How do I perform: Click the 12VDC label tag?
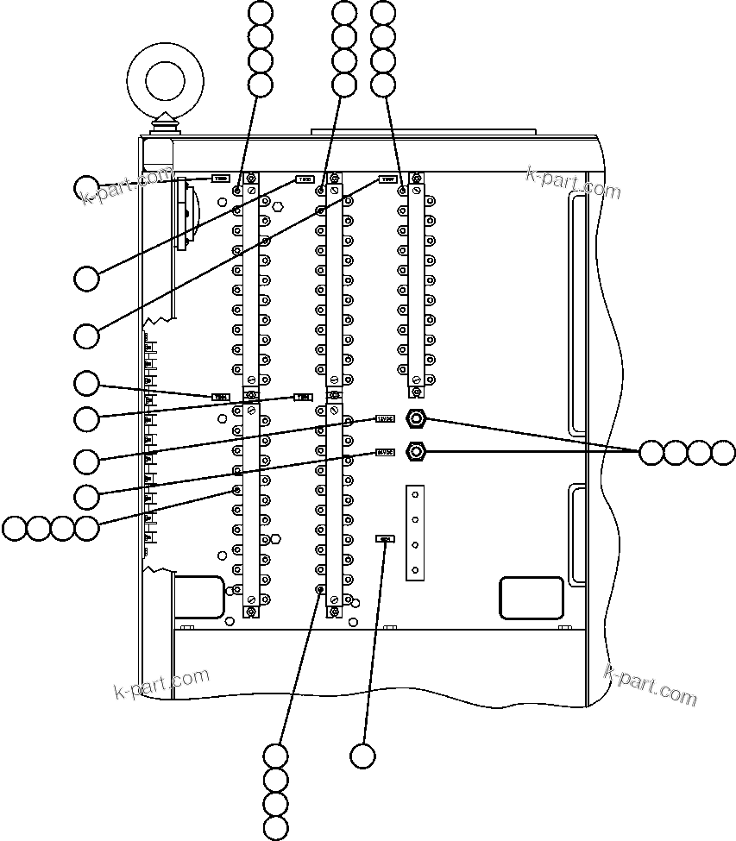(385, 419)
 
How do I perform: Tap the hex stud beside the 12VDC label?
(417, 420)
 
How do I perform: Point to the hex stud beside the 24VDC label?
(417, 451)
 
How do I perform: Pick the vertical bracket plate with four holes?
(416, 530)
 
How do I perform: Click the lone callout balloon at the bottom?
(363, 756)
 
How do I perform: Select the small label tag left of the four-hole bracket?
(385, 539)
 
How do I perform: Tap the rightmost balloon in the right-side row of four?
(724, 452)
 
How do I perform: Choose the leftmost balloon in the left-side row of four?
(15, 528)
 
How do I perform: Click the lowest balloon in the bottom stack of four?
(275, 829)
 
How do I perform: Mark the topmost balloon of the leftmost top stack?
(260, 12)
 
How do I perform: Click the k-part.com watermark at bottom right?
(651, 685)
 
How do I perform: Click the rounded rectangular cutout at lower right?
(532, 597)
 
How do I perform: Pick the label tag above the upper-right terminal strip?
(387, 181)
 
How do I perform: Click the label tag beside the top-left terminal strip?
(221, 179)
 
